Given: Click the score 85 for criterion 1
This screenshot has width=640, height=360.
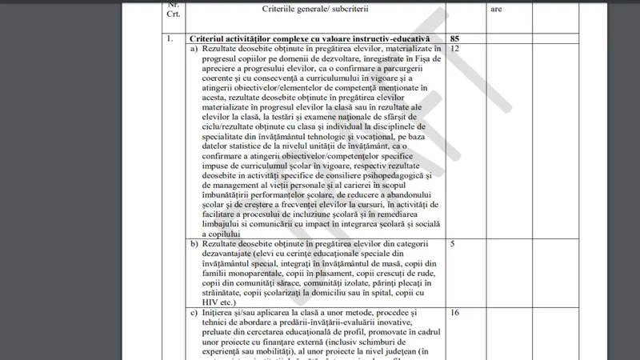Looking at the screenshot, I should coord(454,38).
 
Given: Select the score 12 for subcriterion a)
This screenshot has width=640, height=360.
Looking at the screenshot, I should coord(454,49).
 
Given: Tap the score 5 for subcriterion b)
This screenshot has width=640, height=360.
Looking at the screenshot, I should coord(453,243).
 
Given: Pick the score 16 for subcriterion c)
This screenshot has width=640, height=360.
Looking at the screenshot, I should coord(454,313).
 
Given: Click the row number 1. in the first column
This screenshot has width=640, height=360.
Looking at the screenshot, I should coord(170,38).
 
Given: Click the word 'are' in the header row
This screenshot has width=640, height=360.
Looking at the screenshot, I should coord(496,9).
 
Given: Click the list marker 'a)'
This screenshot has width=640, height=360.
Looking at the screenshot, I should coord(194,49).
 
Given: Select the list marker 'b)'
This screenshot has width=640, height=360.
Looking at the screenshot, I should coord(194,243).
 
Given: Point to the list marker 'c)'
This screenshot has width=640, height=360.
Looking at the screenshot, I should coord(194,313).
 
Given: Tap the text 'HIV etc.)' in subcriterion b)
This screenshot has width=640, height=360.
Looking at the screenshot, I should coord(222,302).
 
